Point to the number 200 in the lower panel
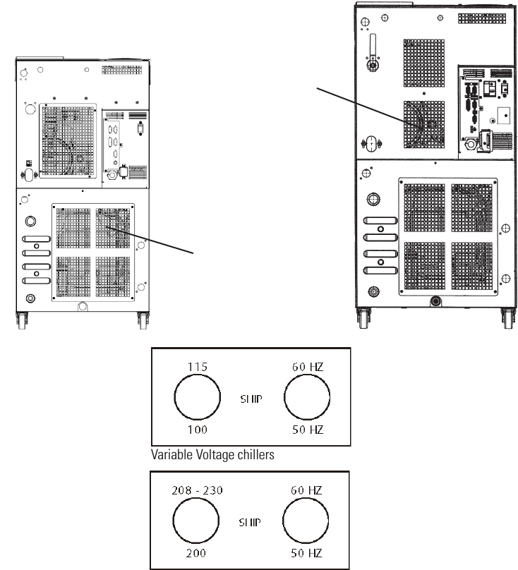195,554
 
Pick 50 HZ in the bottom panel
307,554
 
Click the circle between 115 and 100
196,397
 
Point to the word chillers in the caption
254,456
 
